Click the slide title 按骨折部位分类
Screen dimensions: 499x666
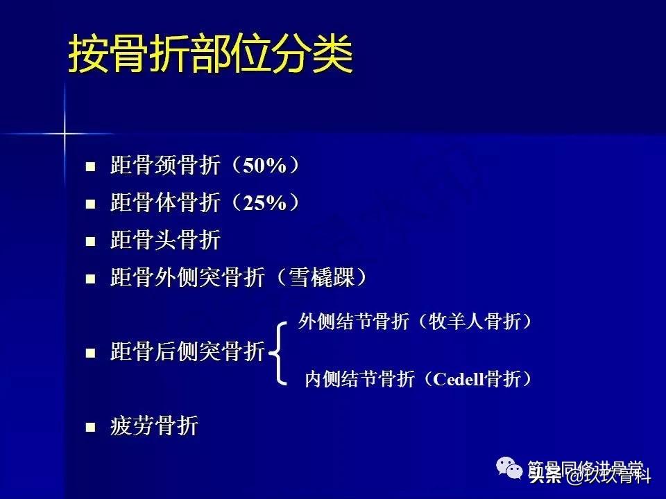click(210, 54)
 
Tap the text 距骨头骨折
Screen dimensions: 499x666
click(165, 241)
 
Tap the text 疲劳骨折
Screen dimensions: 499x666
click(154, 426)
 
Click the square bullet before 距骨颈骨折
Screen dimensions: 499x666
click(89, 167)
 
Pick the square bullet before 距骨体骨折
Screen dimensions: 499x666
click(89, 204)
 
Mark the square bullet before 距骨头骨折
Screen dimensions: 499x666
click(89, 242)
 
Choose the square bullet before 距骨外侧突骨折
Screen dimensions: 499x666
click(89, 279)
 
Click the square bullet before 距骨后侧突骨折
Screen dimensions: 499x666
click(89, 353)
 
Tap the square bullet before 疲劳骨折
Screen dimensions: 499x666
click(89, 427)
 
